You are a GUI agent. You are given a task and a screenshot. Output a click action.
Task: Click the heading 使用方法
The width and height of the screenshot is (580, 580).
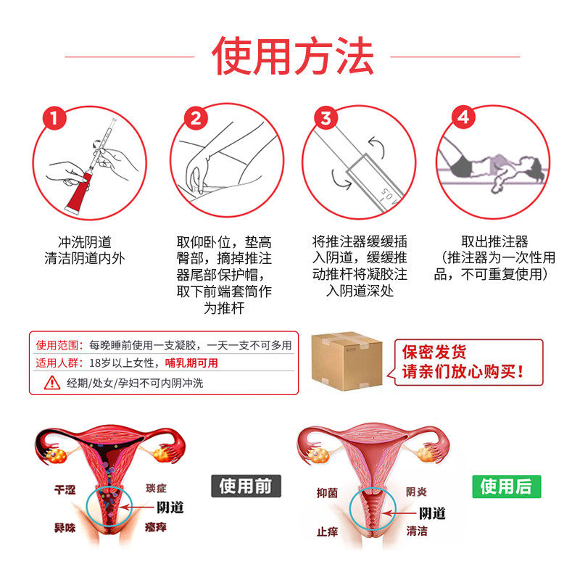[293, 57]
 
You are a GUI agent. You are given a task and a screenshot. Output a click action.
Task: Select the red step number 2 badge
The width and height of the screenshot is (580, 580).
[196, 117]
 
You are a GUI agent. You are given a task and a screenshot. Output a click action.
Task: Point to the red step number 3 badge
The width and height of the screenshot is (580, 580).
[326, 117]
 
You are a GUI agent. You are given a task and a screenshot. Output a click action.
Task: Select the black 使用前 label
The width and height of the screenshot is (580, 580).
[245, 485]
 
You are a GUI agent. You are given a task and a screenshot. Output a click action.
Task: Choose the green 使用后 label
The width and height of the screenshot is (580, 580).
[507, 486]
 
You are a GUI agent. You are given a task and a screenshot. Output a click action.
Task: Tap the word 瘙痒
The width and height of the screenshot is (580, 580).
[155, 527]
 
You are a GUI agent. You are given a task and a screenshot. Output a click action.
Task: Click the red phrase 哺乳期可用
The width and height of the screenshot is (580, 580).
[191, 363]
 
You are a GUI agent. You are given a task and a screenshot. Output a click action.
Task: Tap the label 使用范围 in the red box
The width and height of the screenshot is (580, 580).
[55, 345]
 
